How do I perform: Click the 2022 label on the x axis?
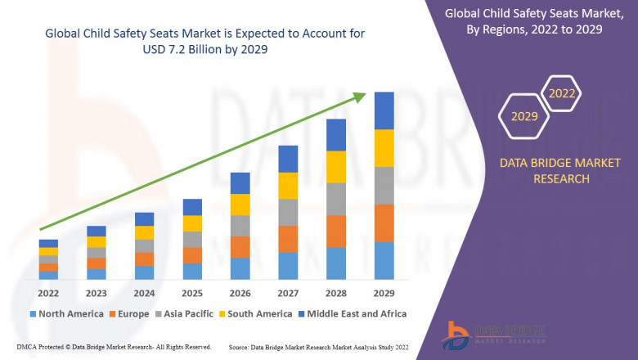click(48, 294)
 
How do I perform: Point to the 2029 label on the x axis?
click(384, 294)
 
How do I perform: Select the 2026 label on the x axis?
click(240, 294)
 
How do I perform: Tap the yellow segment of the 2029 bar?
click(384, 148)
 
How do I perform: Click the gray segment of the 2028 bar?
click(336, 199)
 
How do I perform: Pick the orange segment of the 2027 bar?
click(288, 239)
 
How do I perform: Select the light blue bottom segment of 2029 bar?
click(384, 260)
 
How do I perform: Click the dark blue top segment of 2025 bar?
click(192, 207)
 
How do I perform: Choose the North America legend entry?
click(66, 313)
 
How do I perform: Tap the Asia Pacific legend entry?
click(185, 313)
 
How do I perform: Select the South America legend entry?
click(256, 313)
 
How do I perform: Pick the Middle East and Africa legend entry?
click(353, 313)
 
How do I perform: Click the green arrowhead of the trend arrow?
click(360, 96)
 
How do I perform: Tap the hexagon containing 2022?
click(562, 94)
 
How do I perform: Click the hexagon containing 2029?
click(524, 116)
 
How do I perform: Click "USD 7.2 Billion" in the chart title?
click(188, 49)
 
